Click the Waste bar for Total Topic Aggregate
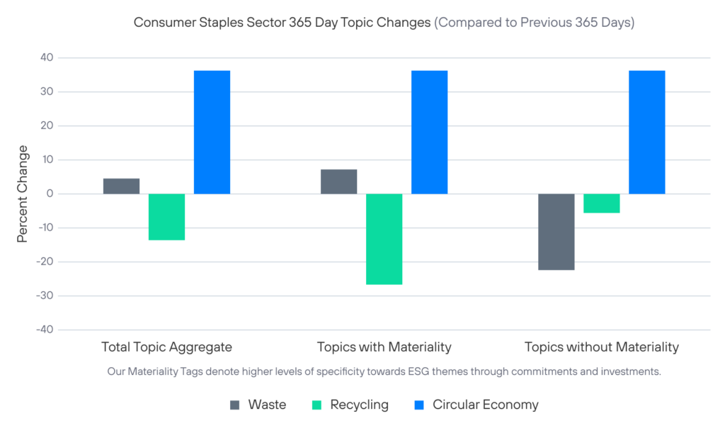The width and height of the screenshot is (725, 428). coord(121,186)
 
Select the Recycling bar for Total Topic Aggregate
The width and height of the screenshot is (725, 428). coord(166,217)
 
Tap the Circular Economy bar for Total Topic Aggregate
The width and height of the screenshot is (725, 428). coord(212,132)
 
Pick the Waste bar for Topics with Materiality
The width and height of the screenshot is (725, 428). coord(338,181)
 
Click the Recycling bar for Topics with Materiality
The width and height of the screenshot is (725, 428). coord(384,239)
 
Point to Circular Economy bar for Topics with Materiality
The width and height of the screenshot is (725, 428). coord(429,132)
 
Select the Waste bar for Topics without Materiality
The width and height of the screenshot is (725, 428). coord(556,232)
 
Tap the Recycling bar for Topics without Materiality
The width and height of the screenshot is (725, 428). coord(601,203)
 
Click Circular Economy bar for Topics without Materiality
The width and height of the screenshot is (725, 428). coord(646,132)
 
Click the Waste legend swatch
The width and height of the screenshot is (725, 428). coord(235,405)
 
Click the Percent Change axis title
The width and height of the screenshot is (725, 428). coord(23,193)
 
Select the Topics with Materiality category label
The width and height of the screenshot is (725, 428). coord(384,347)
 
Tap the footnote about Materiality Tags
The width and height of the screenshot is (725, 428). coord(384,371)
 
